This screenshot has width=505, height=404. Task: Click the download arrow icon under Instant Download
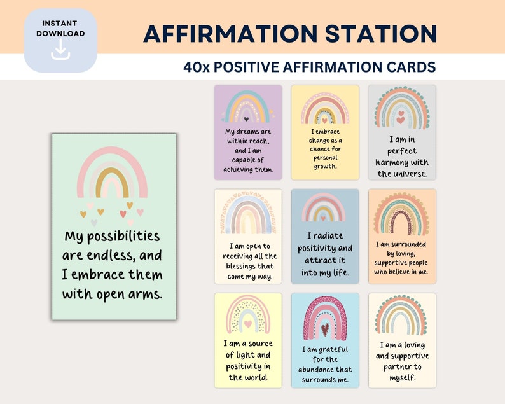pos(60,50)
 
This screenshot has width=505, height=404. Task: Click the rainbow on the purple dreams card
pos(247,107)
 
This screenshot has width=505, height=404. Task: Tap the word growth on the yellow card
pos(325,166)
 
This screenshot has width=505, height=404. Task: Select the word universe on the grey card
pos(411,173)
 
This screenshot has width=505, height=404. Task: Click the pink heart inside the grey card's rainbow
pos(401,118)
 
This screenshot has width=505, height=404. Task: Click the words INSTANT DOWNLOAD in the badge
pos(60,28)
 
